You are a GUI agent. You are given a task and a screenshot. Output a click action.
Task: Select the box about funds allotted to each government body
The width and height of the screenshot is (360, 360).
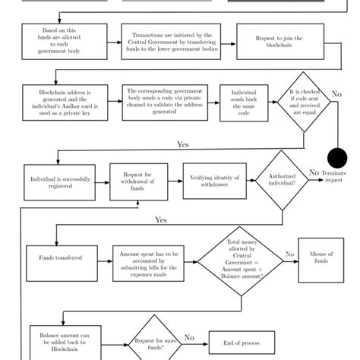52,41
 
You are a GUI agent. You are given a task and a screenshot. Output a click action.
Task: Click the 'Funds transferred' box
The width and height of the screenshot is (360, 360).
57,259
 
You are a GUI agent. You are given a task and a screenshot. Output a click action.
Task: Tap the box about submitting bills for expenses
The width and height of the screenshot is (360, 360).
149,264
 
